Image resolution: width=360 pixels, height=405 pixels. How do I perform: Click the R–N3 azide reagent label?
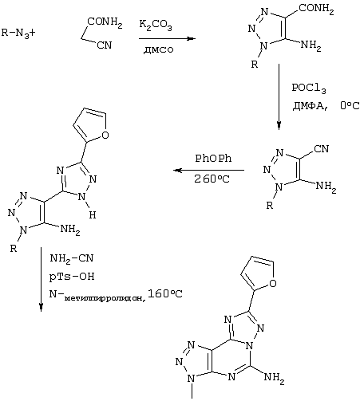(15, 33)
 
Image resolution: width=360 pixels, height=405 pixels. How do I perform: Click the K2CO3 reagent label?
(156, 25)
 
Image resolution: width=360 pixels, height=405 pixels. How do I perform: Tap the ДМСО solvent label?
(159, 49)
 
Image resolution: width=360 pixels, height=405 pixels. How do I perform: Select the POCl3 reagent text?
(309, 88)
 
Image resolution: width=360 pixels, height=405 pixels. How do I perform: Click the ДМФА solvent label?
(311, 106)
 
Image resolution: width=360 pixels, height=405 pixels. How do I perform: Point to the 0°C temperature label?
(350, 106)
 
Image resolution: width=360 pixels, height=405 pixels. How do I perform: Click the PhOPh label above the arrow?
(213, 159)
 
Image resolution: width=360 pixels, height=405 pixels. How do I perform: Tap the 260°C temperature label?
(212, 179)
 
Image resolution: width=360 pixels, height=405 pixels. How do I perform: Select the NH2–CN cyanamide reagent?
(72, 258)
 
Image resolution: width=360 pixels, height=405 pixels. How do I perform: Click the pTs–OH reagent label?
(72, 277)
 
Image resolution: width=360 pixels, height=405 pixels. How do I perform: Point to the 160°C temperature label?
(165, 293)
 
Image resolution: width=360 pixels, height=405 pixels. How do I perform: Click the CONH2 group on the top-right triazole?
(316, 9)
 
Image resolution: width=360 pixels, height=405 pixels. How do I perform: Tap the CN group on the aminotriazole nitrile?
(322, 149)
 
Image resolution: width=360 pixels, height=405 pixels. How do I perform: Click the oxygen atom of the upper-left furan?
(105, 135)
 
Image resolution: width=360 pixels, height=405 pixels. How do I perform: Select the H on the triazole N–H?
(93, 214)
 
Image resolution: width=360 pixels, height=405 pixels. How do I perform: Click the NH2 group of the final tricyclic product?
(274, 378)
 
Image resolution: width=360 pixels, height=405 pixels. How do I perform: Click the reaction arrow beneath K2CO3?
(167, 38)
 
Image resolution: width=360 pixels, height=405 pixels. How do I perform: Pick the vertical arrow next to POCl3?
(279, 96)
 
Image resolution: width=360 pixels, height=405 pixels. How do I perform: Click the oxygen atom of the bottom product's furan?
(273, 283)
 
